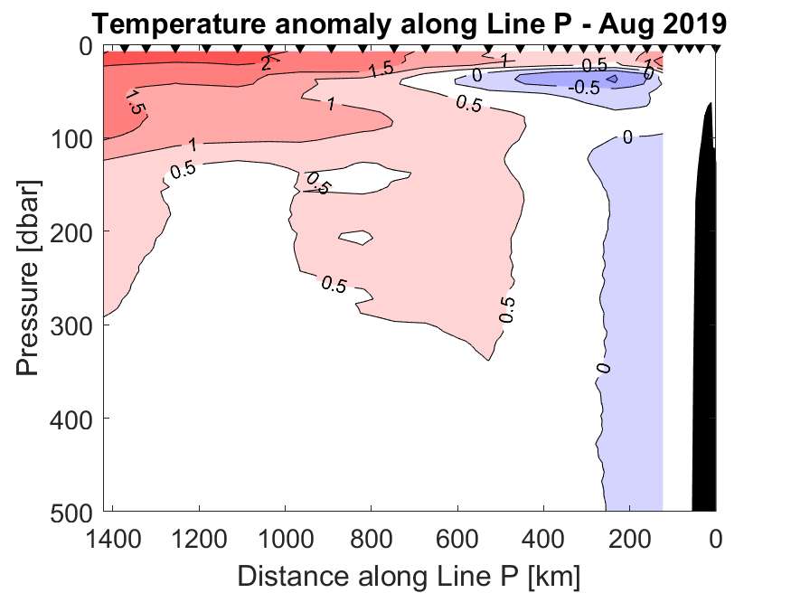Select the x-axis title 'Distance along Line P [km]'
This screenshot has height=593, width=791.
[x=409, y=575]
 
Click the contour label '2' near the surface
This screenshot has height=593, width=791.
[x=266, y=63]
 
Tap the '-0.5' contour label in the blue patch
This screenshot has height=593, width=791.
[x=584, y=88]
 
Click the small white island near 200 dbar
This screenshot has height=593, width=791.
[x=356, y=239]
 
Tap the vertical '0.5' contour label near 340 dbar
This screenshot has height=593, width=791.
[x=508, y=309]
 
